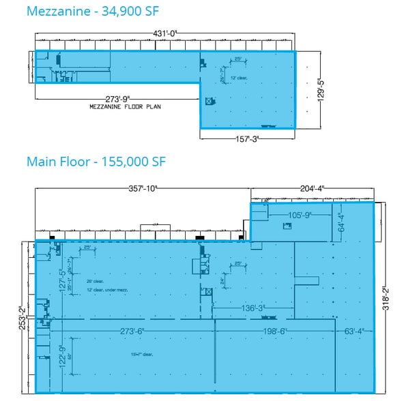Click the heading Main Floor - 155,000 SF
tap(96, 162)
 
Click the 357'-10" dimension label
tap(145, 189)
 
